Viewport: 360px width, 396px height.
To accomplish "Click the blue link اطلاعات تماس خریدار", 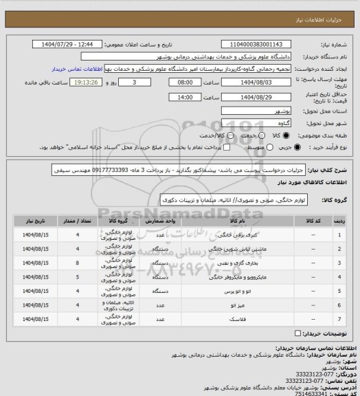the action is point(77,69).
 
